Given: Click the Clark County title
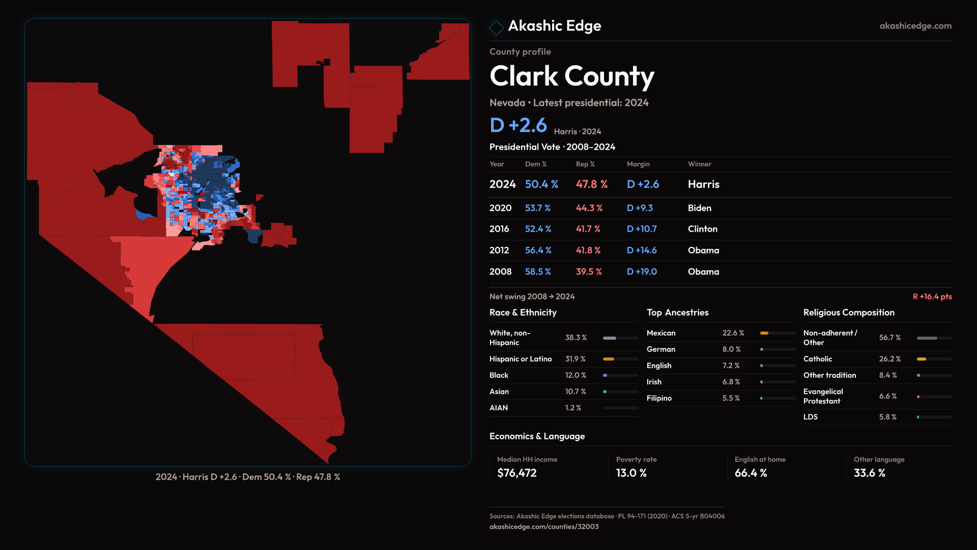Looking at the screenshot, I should coord(571,76).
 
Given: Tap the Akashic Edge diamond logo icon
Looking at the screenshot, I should coord(496,28).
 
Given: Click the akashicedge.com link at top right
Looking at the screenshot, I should coord(915,26).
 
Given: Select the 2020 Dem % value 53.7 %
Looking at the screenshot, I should coord(538,208).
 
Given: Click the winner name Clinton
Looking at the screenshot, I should coord(702,229).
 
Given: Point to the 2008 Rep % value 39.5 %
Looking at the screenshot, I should coord(589,272).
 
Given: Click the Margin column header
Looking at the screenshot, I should coord(638,164).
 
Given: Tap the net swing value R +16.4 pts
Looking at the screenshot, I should coord(932,296).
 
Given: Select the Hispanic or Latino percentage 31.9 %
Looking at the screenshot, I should coord(575,359).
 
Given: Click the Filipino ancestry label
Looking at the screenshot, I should coord(659,398).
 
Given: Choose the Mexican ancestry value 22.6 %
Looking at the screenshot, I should coord(733,333).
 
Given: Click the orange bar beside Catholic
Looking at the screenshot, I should coord(922,359).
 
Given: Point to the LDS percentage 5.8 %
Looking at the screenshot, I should coord(887,417).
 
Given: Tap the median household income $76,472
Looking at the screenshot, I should coord(516,473).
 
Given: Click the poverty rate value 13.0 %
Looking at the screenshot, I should coord(631,473).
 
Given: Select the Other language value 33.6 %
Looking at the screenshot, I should coord(869,473).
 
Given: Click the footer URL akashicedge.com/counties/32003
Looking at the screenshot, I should coord(543,527).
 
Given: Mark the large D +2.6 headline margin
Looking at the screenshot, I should coord(518,125).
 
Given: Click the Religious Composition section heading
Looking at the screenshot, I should coord(848,313).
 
